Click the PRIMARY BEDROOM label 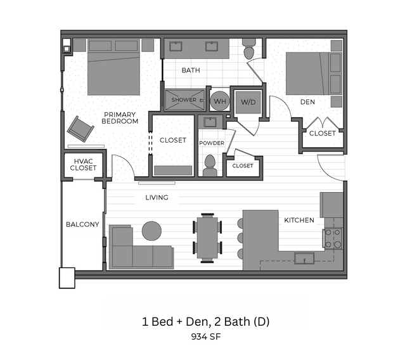(120, 118)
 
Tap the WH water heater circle (220, 100)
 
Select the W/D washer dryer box (246, 101)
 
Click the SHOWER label (184, 100)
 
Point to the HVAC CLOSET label (83, 165)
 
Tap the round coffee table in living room (151, 231)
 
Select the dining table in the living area (207, 238)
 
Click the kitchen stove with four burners (333, 238)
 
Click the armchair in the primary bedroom (81, 129)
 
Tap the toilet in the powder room (210, 166)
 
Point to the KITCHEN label (299, 221)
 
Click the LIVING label (157, 198)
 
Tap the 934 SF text (205, 337)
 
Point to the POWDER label (211, 143)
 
